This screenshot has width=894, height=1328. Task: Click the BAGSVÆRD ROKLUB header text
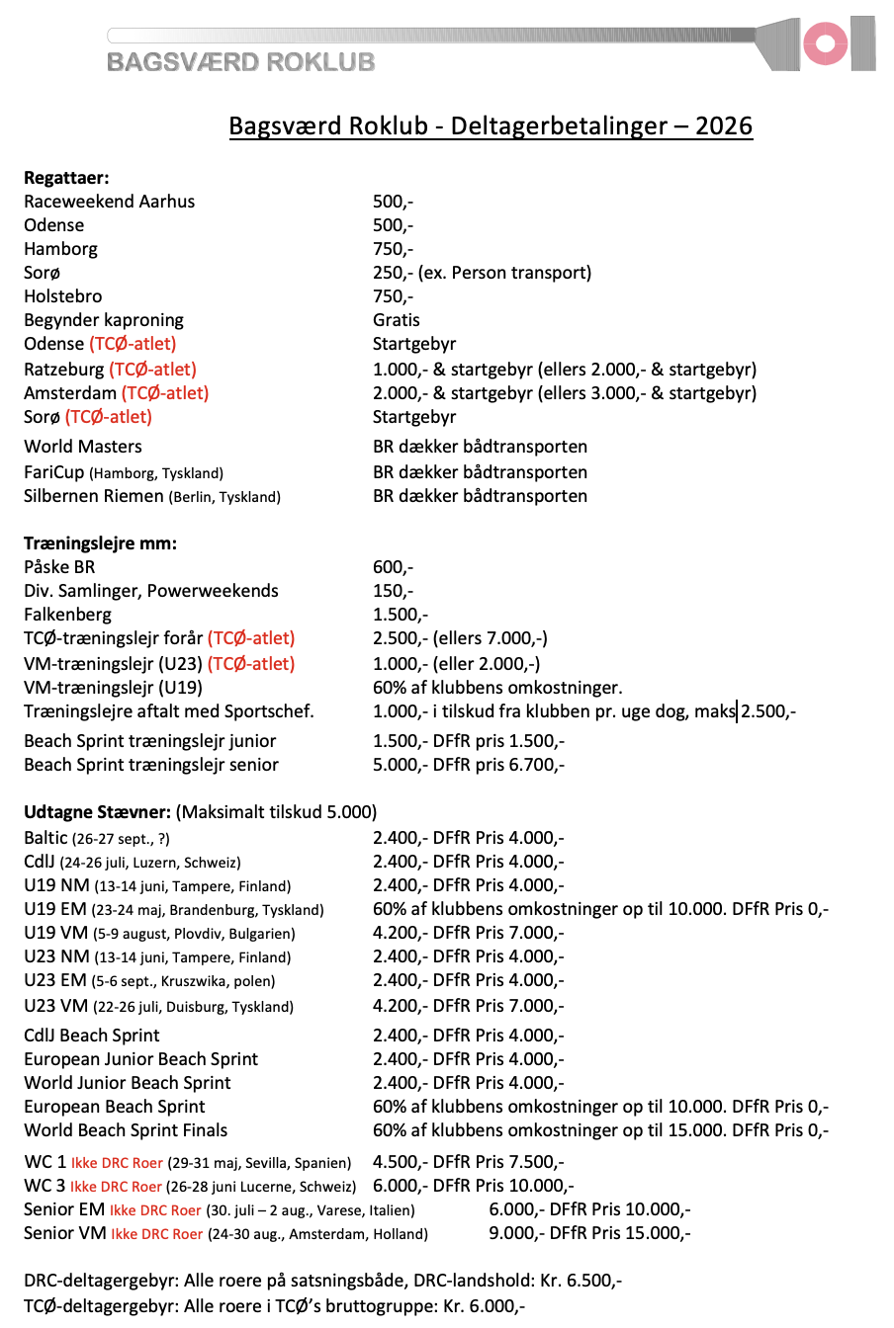[x=240, y=62]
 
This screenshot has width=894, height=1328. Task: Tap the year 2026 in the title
[x=723, y=126]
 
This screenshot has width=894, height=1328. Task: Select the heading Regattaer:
[x=66, y=178]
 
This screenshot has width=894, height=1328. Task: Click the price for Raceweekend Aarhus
[x=393, y=202]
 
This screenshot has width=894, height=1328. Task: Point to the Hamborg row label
[x=60, y=249]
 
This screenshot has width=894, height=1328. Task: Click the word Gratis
[x=396, y=320]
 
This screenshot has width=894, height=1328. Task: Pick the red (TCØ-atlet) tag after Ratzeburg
[x=152, y=370]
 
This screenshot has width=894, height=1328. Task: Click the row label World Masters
[x=83, y=447]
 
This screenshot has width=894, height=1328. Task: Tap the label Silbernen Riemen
[x=94, y=496]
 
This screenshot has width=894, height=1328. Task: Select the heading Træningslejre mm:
[x=100, y=543]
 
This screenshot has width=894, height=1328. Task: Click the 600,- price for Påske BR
[x=393, y=567]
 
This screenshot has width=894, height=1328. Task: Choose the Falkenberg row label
[x=67, y=615]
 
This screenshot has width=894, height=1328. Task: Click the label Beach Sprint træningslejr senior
[x=151, y=765]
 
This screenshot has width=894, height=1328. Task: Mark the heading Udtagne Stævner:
[x=97, y=812]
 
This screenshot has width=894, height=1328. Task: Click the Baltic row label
[x=45, y=838]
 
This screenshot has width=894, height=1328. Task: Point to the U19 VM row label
[x=55, y=933]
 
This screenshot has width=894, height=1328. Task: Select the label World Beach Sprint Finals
[x=126, y=1130]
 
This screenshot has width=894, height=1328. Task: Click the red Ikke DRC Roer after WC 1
[x=115, y=1163]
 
